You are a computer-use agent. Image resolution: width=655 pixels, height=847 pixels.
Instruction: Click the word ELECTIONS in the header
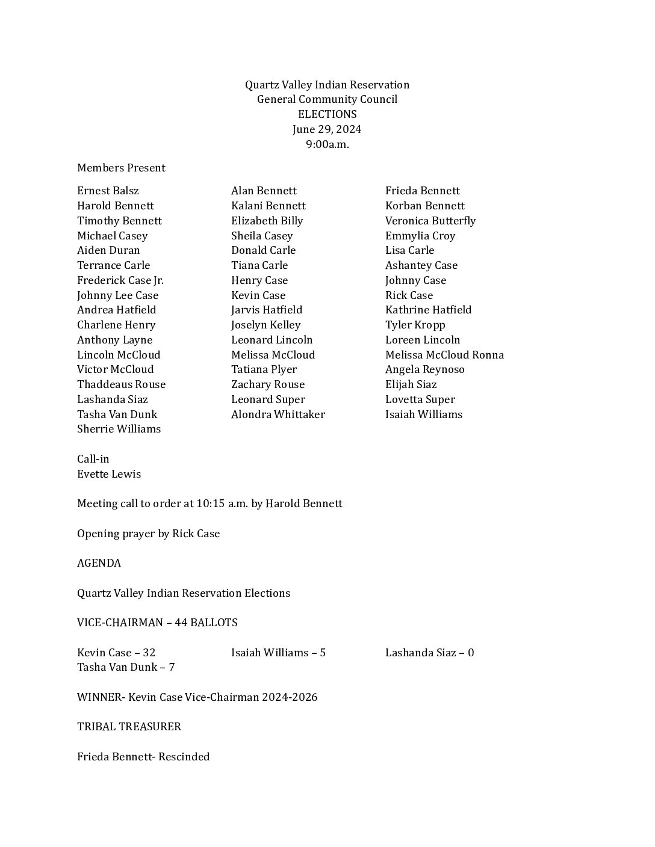point(327,114)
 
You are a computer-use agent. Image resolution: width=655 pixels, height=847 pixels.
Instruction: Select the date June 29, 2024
point(327,129)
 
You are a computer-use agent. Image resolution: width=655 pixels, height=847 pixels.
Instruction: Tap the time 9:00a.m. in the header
point(327,144)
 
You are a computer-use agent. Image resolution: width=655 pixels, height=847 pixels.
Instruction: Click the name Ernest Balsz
point(108,191)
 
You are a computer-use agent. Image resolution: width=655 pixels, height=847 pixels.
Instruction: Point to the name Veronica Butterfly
point(430,221)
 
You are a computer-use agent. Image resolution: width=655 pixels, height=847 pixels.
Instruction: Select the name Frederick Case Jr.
point(120,280)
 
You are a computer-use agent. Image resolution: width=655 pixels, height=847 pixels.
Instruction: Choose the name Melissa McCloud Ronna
point(444,355)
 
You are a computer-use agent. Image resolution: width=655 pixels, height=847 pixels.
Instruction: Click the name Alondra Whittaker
point(278,414)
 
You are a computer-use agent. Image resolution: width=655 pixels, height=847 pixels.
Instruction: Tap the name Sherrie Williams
point(119,429)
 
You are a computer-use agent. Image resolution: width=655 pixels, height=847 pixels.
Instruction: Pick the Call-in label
point(93,459)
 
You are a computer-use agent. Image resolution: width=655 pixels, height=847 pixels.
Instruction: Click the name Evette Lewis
point(109,474)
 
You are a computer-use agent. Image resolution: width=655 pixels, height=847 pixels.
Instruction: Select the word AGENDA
point(99,563)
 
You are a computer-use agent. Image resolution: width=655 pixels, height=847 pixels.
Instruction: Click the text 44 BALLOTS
point(206,623)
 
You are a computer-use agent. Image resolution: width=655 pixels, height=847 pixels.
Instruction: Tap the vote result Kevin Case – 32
point(116,653)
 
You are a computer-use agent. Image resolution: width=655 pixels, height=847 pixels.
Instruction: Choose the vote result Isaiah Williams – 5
point(278,653)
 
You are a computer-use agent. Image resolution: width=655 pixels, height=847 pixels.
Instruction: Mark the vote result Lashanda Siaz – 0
point(429,653)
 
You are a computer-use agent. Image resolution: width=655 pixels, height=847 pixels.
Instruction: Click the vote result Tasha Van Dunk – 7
point(126,667)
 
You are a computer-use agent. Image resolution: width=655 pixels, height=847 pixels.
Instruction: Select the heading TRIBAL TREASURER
point(129,727)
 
